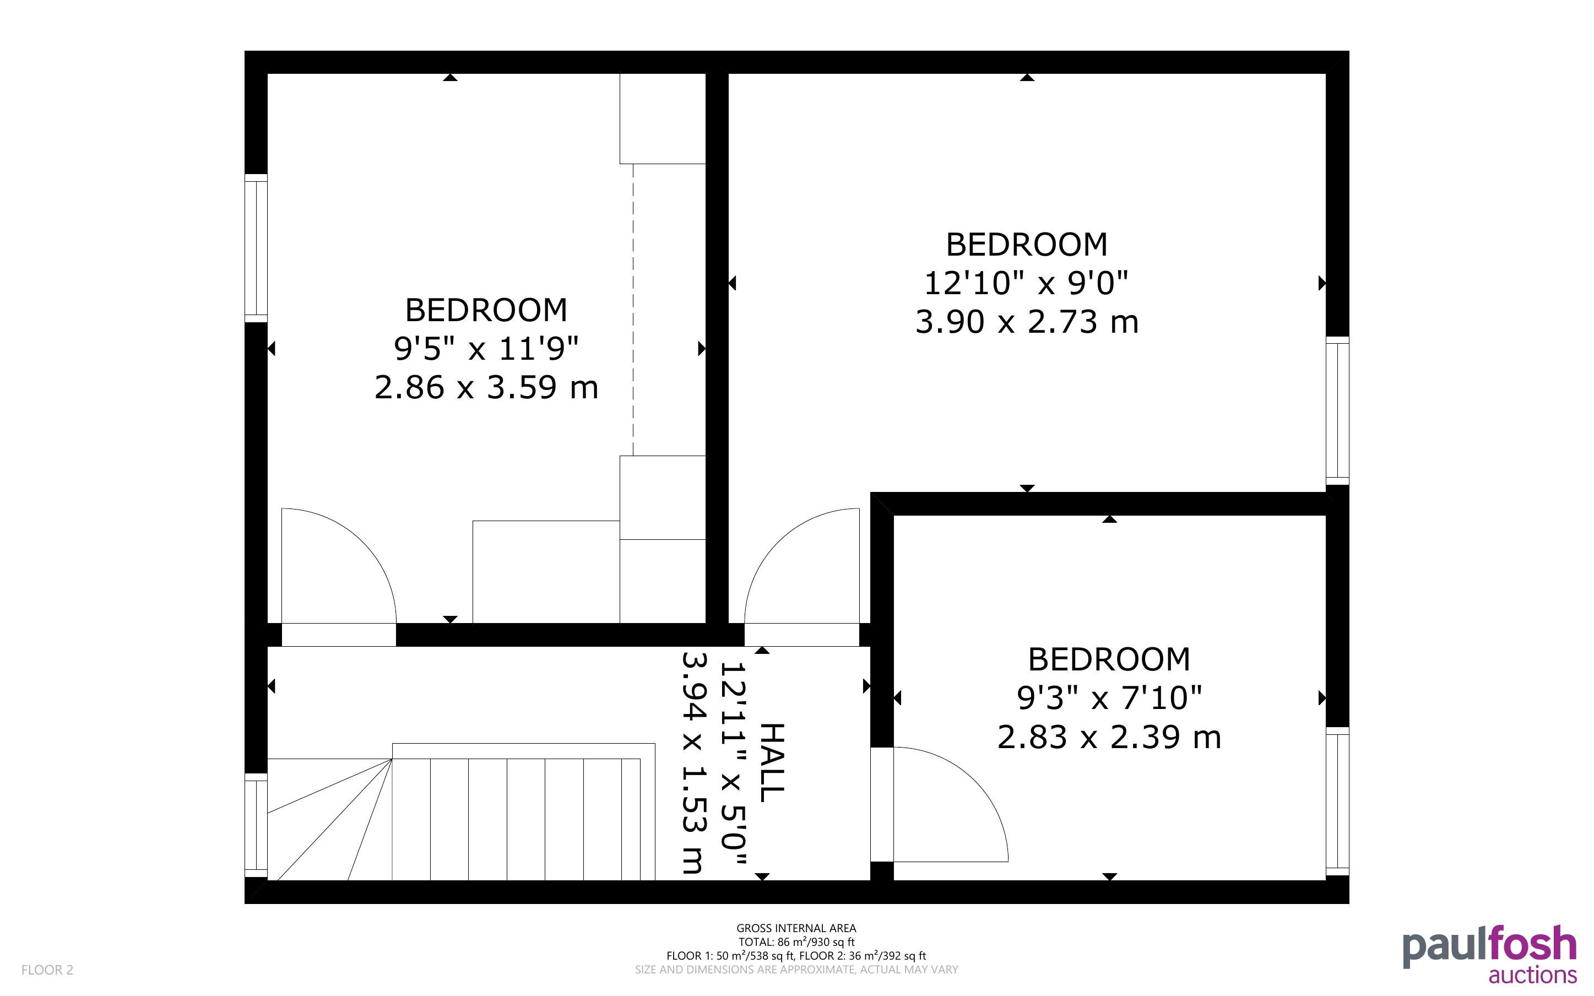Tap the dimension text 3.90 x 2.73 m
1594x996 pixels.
[1027, 322]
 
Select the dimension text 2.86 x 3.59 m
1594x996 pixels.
[486, 387]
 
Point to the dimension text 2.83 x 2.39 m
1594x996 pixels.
[1109, 737]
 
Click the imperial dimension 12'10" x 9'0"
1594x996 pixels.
[1027, 283]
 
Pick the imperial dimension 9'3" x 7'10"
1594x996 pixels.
[1109, 697]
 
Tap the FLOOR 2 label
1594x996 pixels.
[47, 970]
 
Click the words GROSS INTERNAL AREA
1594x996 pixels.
[796, 928]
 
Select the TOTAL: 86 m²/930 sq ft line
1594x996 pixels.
[796, 942]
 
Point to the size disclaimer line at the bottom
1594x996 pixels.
[796, 970]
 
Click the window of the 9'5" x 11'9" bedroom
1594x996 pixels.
[256, 248]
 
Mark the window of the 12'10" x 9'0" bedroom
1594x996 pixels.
[1337, 411]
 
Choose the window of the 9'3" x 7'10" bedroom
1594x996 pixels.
[1337, 801]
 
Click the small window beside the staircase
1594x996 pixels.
[256, 825]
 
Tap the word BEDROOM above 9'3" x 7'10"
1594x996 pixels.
[1109, 659]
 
